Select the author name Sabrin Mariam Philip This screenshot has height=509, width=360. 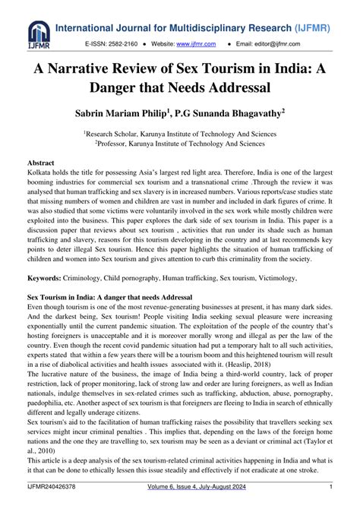(134, 113)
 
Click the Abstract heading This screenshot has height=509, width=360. (40, 163)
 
